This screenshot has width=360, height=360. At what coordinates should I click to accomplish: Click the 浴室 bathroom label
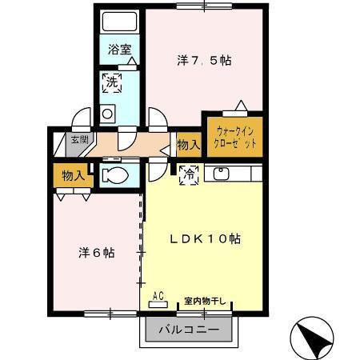pos(121,50)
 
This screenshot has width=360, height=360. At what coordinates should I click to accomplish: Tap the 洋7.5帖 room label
pos(205,59)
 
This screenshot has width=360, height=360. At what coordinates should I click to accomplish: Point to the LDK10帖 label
pos(204,238)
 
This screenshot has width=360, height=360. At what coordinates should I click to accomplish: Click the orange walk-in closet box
pos(235,135)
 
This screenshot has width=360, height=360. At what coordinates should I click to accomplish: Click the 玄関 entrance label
pos(79,139)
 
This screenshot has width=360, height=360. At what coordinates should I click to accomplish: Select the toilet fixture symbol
pos(117,175)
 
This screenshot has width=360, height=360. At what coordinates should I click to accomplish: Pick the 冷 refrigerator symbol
pos(188,173)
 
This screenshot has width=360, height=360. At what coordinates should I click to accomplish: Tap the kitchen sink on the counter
pos(220,173)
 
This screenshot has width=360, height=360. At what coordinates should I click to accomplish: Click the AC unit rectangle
pos(158,305)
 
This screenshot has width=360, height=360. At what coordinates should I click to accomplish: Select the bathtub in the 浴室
pos(121,23)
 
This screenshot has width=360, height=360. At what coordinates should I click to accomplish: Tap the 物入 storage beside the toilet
pos(72,175)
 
